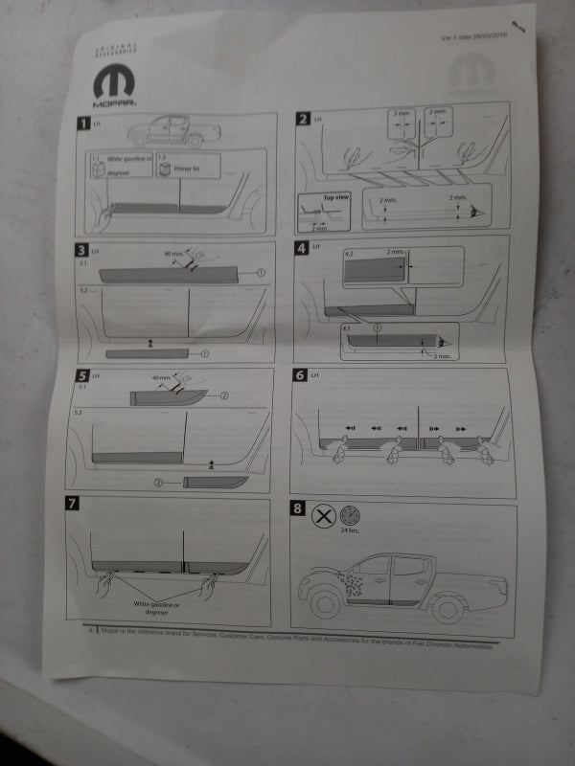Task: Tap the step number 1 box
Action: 84,124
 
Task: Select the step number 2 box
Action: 303,119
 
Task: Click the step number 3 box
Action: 82,251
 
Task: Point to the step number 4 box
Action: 302,248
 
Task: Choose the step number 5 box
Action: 82,376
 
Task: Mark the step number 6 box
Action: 301,375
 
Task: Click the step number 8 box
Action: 299,508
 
